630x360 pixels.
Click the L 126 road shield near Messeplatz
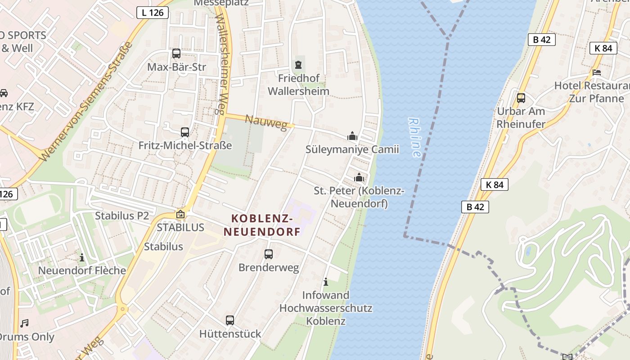pos(153,13)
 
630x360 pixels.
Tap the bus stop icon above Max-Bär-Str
pos(176,54)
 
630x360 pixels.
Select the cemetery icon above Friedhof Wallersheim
pos(298,65)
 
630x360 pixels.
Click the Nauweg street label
pos(266,122)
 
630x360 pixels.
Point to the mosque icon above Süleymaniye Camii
pos(352,136)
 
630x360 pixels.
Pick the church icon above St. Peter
pos(359,177)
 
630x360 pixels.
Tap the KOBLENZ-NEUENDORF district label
pos(262,225)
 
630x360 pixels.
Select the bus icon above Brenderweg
pos(269,254)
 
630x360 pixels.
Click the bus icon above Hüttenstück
pos(230,320)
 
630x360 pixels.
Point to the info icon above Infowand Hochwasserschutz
pos(326,282)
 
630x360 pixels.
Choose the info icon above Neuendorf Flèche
pos(82,258)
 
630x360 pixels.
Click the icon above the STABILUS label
pos(180,214)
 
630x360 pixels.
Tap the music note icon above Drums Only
pos(24,323)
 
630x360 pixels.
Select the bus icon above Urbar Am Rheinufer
pos(521,98)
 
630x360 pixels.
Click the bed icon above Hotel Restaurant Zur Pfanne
pos(597,72)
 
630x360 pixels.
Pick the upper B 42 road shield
pos(542,40)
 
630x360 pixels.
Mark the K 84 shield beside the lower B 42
pos(495,184)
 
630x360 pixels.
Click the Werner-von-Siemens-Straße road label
pos(85,102)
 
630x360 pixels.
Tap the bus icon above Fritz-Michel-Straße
pos(185,132)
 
